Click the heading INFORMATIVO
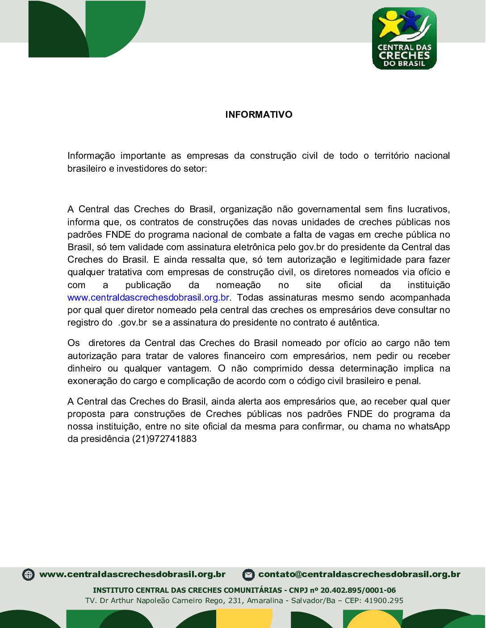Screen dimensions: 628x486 [259, 115]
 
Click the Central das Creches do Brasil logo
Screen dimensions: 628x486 [404, 39]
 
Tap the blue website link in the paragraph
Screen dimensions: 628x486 [149, 297]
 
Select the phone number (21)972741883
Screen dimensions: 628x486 [164, 439]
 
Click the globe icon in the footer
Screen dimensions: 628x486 [28, 574]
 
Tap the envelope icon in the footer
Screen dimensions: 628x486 [248, 574]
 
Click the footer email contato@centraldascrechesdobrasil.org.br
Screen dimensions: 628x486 [359, 574]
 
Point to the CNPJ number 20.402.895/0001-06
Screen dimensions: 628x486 [358, 590]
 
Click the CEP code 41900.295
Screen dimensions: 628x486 [384, 600]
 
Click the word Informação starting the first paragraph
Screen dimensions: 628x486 [91, 156]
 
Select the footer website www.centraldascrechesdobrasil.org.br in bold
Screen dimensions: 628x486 [132, 574]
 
